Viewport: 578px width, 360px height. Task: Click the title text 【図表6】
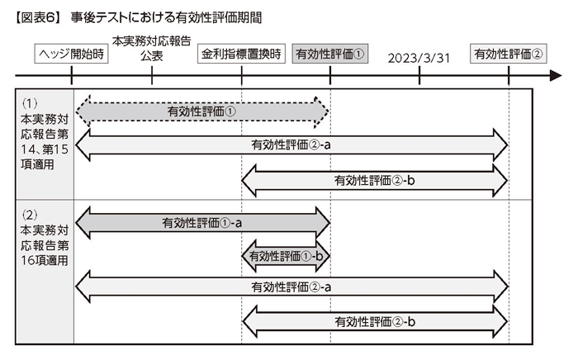coord(37,18)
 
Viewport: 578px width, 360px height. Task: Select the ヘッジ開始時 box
coord(71,54)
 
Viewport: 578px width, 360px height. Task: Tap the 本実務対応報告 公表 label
coord(151,48)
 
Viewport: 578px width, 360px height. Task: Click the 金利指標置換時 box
coord(241,54)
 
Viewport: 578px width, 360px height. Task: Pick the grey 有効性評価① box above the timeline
coord(330,54)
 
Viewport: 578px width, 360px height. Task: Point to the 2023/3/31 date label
coord(419,59)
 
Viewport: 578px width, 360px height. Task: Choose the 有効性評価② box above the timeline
coord(509,54)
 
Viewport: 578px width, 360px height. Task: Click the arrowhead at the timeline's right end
coord(556,76)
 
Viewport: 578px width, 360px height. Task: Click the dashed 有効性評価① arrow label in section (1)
coord(201,111)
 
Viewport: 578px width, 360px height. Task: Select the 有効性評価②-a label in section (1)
coord(291,144)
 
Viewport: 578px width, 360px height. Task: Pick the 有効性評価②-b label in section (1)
coord(375,181)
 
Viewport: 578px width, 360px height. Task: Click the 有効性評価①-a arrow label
coord(202,223)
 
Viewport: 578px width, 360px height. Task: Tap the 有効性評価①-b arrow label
coord(286,256)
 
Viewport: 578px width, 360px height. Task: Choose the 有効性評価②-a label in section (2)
coord(291,287)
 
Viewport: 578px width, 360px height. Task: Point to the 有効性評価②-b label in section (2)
coord(375,322)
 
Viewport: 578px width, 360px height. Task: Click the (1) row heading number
coord(30,103)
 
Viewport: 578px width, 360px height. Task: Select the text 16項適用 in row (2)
coord(45,261)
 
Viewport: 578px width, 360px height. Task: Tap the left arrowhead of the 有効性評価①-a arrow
coord(83,223)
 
